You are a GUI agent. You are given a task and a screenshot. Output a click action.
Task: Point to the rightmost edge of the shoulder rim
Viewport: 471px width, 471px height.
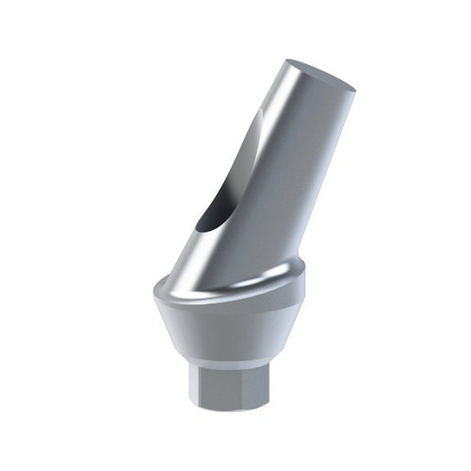[x=308, y=273]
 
